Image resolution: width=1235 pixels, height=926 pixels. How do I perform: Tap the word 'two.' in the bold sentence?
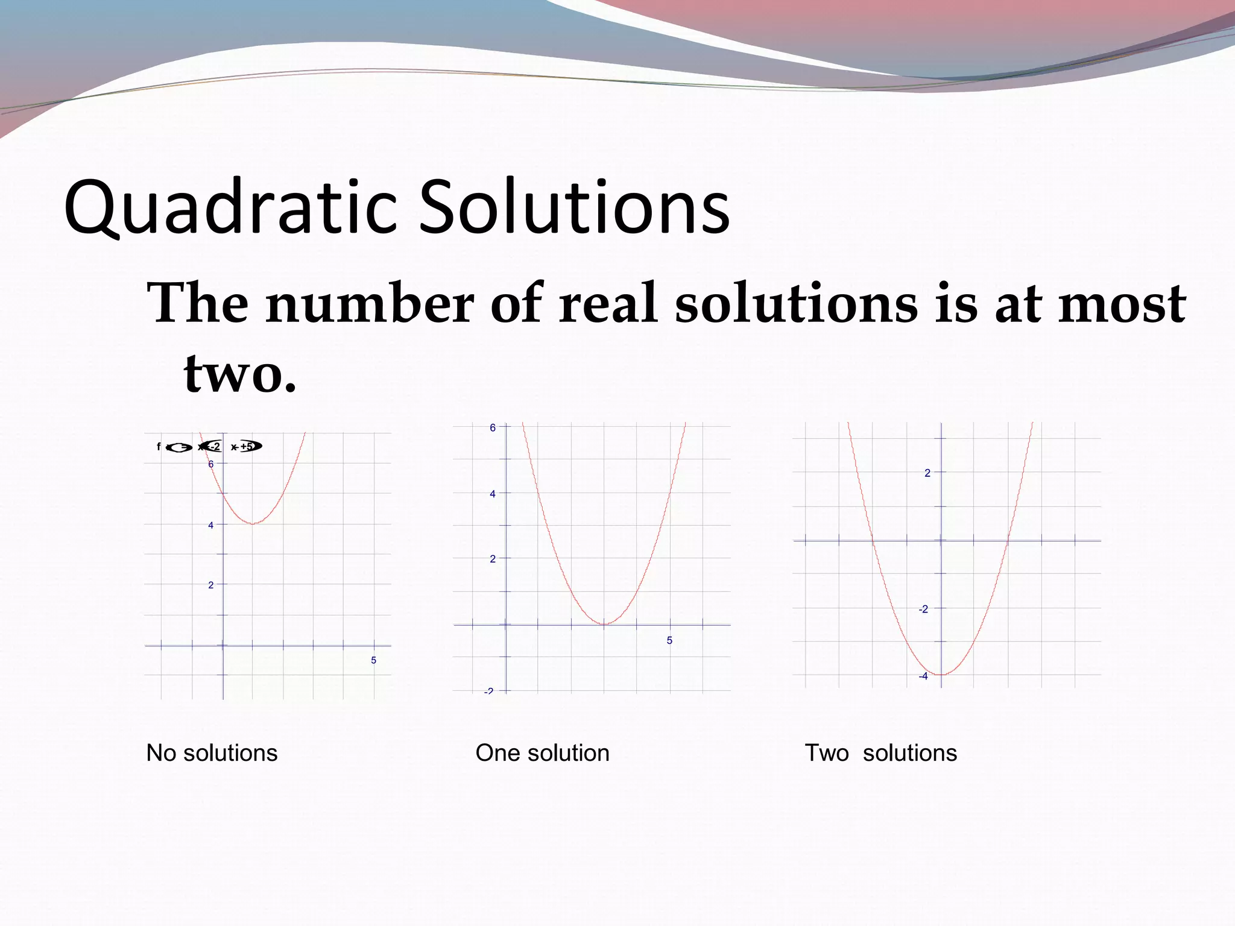pyautogui.click(x=240, y=374)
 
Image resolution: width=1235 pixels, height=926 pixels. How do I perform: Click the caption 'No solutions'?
pyautogui.click(x=212, y=753)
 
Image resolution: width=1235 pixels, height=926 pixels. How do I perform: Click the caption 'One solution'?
pyautogui.click(x=542, y=753)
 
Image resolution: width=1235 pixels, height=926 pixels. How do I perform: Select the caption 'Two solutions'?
pyautogui.click(x=880, y=753)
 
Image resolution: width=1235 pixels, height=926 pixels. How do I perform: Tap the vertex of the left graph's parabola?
pyautogui.click(x=253, y=523)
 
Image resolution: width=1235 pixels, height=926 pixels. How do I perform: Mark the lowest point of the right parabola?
pyautogui.click(x=941, y=675)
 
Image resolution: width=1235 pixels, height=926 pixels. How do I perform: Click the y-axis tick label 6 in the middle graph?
pyautogui.click(x=493, y=428)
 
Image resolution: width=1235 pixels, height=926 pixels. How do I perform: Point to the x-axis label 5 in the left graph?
pyautogui.click(x=373, y=660)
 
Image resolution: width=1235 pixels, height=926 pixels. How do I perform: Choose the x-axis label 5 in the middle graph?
pyautogui.click(x=669, y=640)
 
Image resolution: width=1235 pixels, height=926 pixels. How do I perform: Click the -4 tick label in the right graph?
pyautogui.click(x=923, y=676)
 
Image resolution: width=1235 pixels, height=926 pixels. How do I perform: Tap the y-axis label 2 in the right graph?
pyautogui.click(x=927, y=473)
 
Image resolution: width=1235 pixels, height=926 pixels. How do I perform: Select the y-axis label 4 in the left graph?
pyautogui.click(x=210, y=525)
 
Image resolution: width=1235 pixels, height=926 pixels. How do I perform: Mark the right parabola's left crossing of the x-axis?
pyautogui.click(x=873, y=541)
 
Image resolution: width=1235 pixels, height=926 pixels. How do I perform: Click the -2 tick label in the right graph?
pyautogui.click(x=923, y=609)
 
